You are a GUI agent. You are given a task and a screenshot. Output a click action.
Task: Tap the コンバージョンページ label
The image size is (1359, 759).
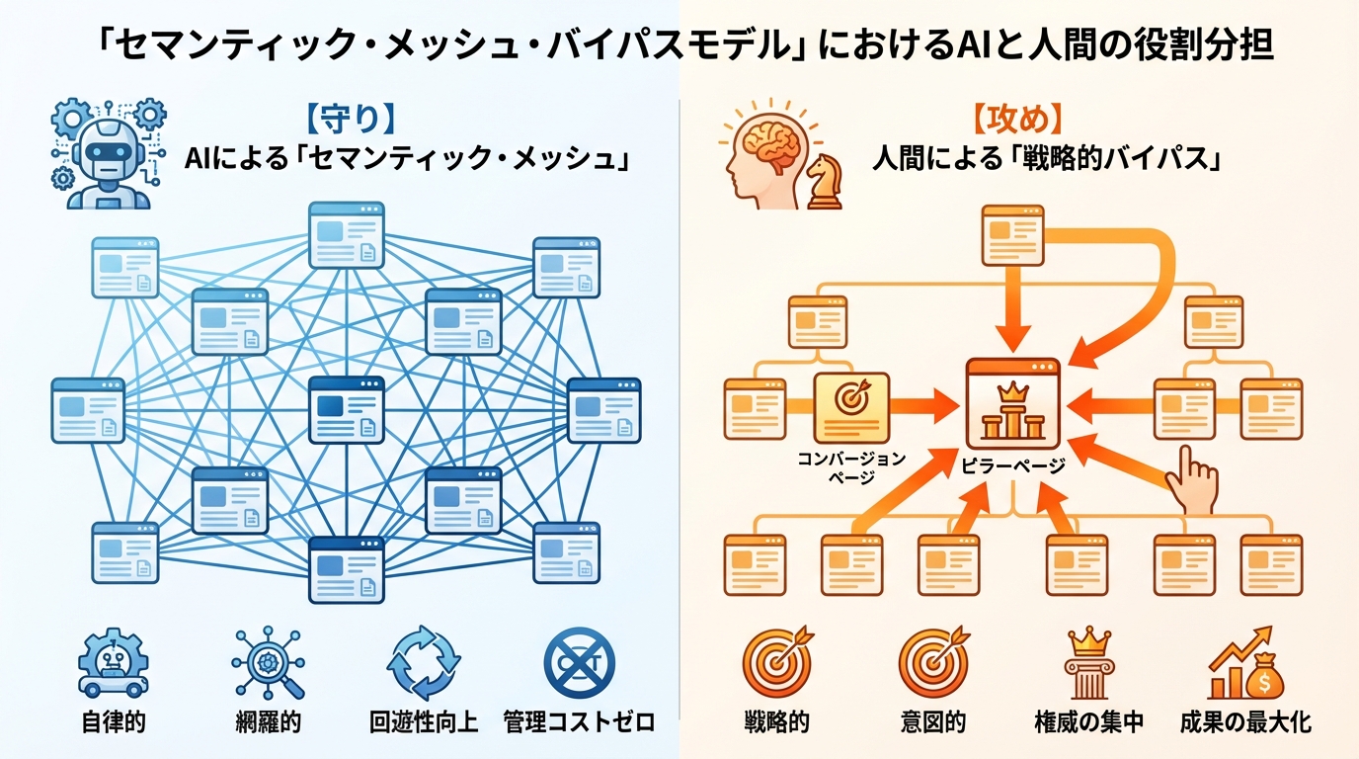(850, 466)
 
